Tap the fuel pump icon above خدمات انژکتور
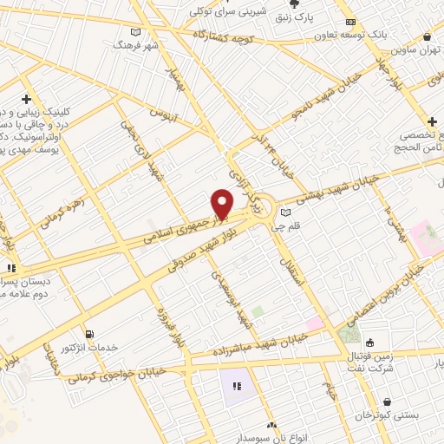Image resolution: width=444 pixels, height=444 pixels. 88,334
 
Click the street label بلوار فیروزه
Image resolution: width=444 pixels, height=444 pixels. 164,330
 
